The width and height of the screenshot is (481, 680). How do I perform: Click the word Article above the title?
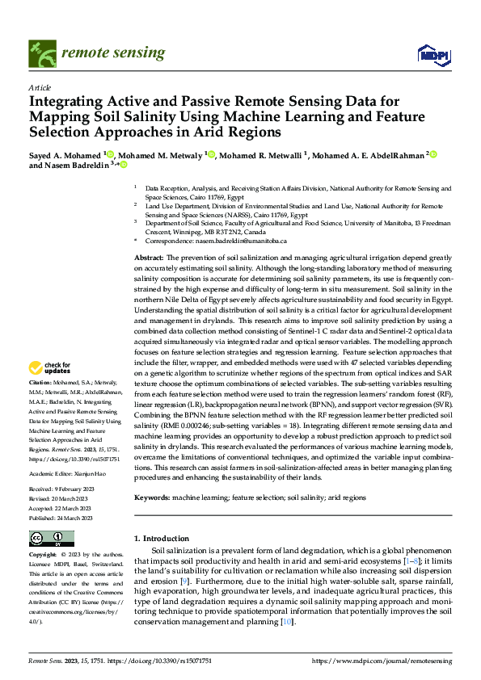pyautogui.click(x=39, y=87)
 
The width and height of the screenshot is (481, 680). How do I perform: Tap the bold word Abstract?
pyautogui.click(x=150, y=256)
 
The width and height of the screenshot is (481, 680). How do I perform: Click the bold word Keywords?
pyautogui.click(x=152, y=498)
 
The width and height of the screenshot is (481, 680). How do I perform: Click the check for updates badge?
pyautogui.click(x=51, y=369)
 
